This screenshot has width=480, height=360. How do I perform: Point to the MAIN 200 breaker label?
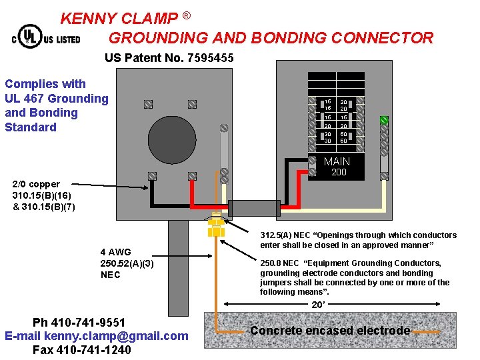[337, 167]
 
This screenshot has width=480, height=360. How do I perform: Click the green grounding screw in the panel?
[384, 121]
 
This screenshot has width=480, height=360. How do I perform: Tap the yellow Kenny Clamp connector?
[215, 225]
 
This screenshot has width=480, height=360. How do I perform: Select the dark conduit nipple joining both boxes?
[254, 208]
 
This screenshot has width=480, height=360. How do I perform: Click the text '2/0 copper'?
[36, 184]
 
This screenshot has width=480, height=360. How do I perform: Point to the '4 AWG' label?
[115, 252]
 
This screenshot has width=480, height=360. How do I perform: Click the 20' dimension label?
[318, 304]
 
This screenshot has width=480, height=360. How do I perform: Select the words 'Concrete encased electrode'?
[330, 331]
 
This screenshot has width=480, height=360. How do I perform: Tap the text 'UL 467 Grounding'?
[57, 99]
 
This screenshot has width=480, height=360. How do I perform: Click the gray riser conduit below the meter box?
[178, 267]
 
